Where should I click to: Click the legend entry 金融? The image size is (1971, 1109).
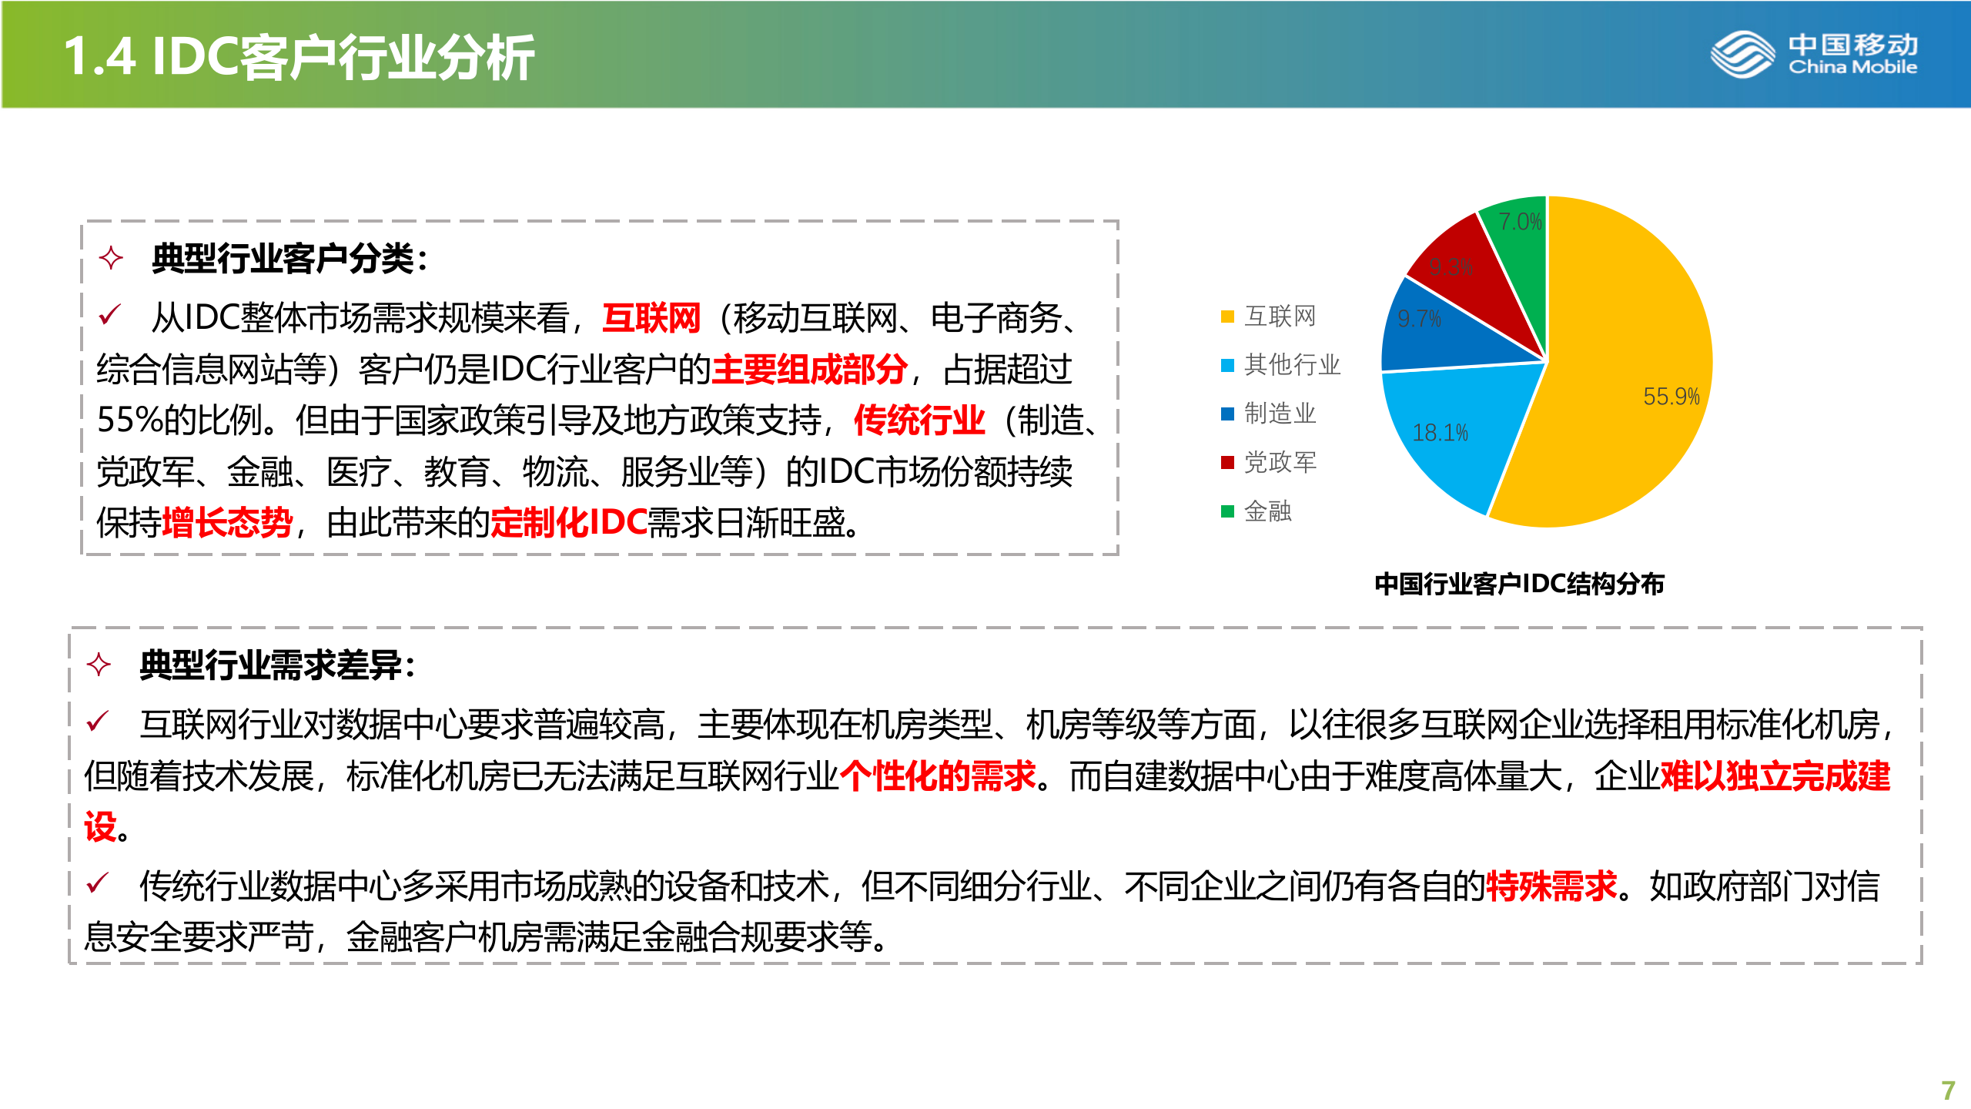pos(1267,511)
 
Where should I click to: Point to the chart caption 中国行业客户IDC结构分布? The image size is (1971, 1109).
pos(1519,584)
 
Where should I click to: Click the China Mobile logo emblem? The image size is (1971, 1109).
pos(1742,55)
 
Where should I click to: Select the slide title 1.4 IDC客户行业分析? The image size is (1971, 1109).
pos(299,57)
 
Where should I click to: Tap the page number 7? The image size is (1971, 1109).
pos(1948,1090)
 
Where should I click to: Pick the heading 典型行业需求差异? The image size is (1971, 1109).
pos(277,665)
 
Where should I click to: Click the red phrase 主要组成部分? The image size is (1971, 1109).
pos(809,370)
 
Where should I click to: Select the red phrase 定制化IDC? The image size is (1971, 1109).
pos(569,523)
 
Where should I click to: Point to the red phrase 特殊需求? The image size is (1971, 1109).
pos(1551,886)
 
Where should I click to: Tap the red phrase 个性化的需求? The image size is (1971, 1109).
pos(938,776)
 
